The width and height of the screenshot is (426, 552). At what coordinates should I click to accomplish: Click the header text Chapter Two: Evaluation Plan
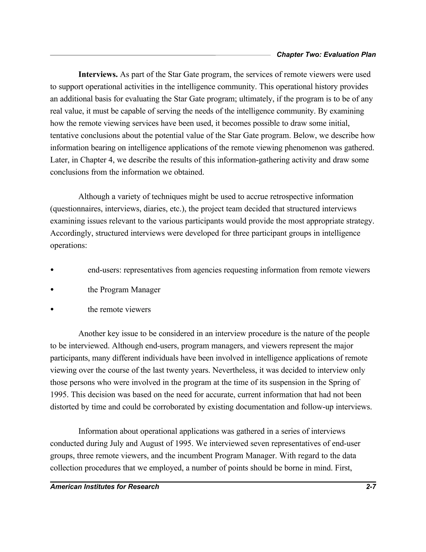click(x=326, y=55)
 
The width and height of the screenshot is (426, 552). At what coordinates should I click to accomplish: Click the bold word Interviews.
click(x=98, y=75)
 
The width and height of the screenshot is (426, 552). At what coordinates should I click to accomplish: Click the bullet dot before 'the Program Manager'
click(x=52, y=290)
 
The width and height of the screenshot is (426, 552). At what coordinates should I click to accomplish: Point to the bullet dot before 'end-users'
click(x=52, y=270)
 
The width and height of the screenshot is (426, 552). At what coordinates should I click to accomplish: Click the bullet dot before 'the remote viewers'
click(x=52, y=310)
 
